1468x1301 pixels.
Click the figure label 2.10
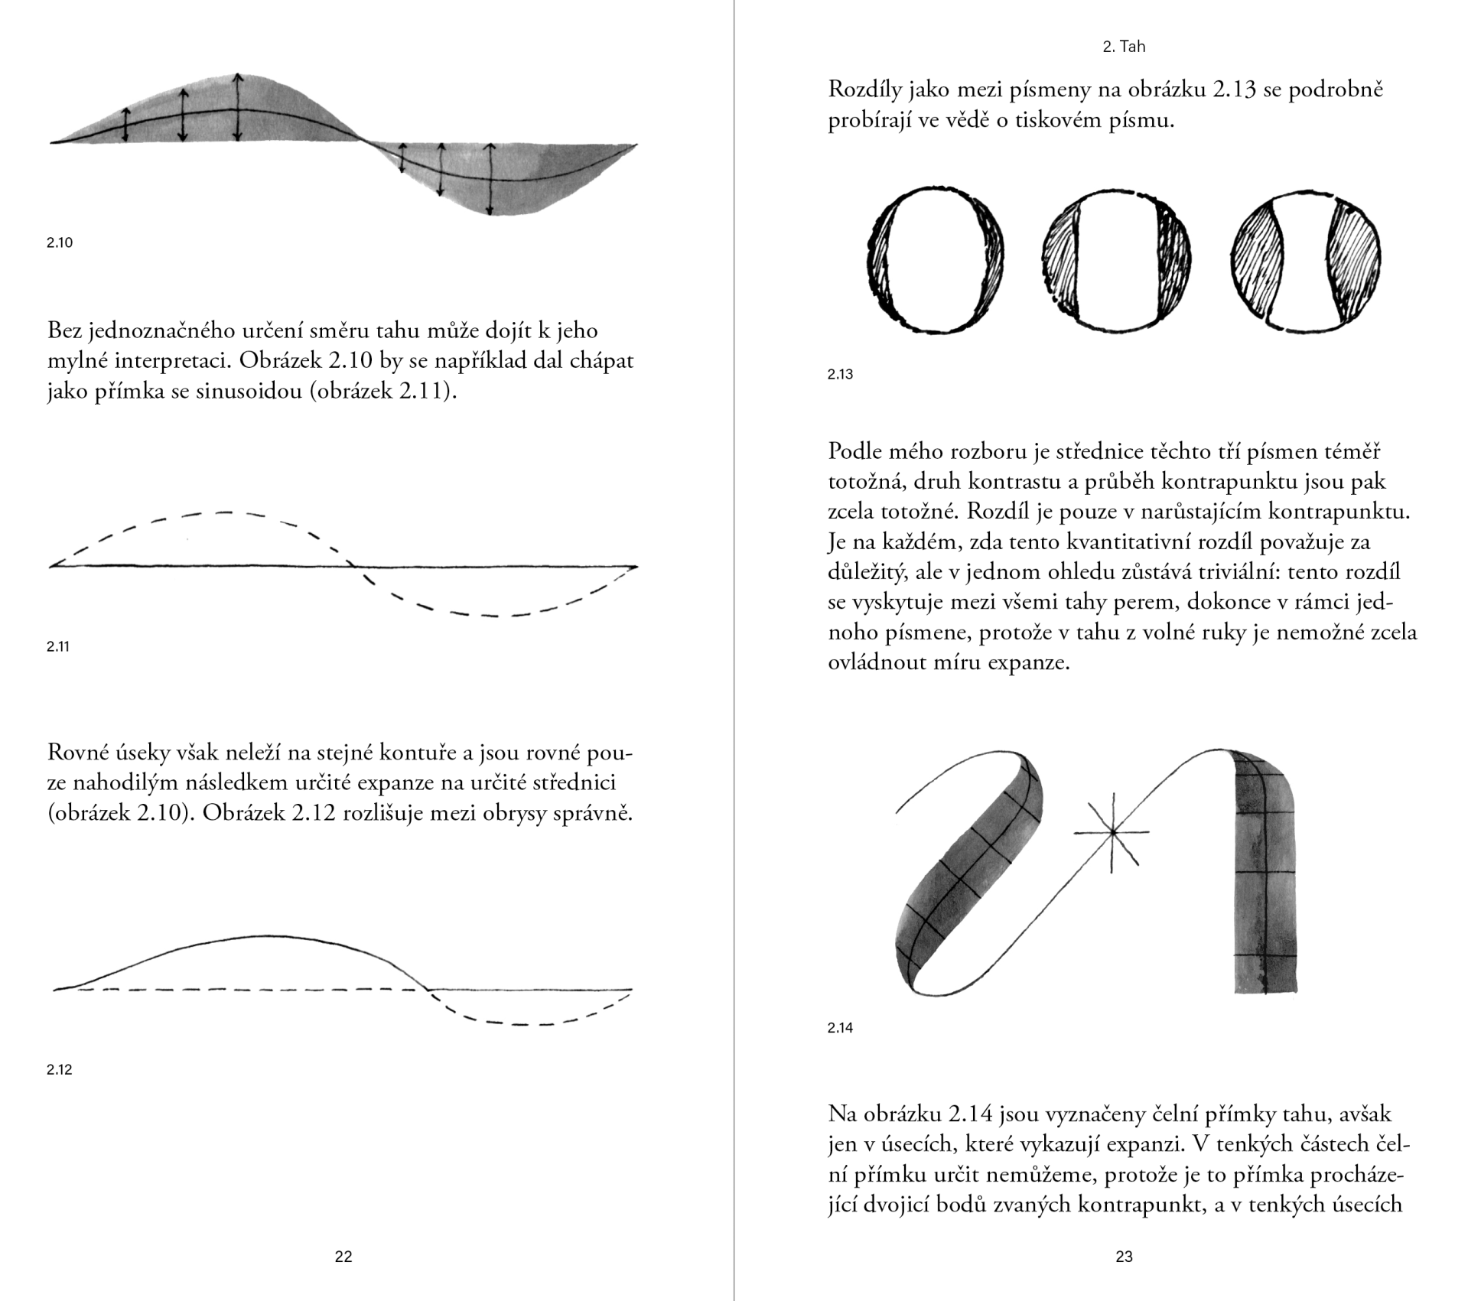click(x=60, y=243)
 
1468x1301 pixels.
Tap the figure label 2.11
click(x=58, y=646)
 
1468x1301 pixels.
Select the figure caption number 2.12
click(x=60, y=1069)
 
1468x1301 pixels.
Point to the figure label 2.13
click(x=840, y=374)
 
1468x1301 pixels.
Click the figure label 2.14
click(x=840, y=1028)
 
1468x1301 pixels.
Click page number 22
click(x=343, y=1257)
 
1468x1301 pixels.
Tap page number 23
click(x=1124, y=1257)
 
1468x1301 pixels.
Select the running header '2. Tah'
click(x=1124, y=47)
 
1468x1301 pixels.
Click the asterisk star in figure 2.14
click(x=1113, y=831)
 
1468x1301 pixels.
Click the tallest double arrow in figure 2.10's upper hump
click(x=238, y=107)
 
